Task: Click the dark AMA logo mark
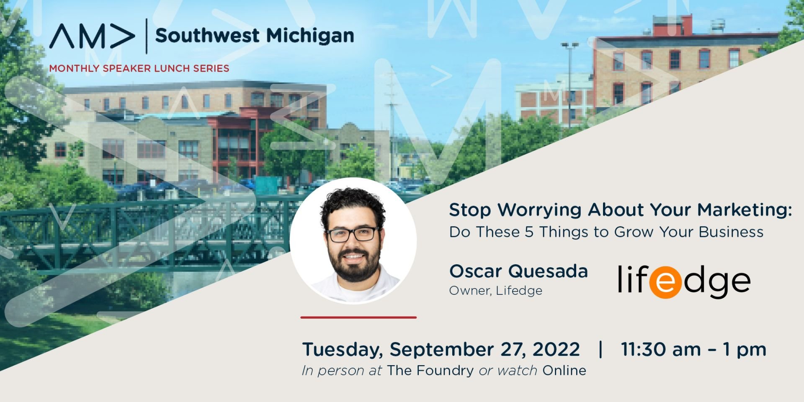(92, 36)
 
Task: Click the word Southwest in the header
(207, 36)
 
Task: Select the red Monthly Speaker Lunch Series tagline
(139, 68)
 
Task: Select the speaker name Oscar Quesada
(518, 271)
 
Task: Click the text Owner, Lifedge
(495, 291)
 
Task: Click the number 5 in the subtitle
(529, 232)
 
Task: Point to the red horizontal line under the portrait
(358, 317)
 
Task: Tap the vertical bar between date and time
(601, 349)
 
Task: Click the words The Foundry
(430, 371)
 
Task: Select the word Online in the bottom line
(564, 371)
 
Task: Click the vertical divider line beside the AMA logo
(146, 36)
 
